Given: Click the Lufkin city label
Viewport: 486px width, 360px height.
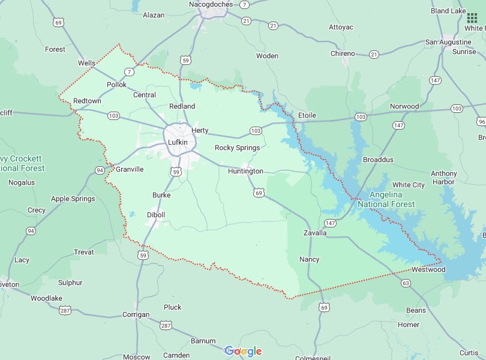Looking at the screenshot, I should (178, 142).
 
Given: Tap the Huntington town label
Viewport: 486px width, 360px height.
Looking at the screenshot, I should (245, 171).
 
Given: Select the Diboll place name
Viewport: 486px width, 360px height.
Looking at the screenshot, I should (155, 215).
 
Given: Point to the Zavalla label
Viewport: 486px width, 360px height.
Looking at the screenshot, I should (315, 233).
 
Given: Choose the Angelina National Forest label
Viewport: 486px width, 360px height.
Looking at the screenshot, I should (386, 199).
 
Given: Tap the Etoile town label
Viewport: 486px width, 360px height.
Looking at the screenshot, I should (307, 115).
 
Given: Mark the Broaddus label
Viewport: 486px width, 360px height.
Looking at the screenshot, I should (378, 160).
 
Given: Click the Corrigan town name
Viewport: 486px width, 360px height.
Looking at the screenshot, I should (136, 314).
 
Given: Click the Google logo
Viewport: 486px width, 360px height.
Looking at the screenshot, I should (243, 351).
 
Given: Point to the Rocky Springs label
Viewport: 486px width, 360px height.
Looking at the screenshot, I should (237, 148).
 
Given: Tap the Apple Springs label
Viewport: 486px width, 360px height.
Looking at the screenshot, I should (73, 199).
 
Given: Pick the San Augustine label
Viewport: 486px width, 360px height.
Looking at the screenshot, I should (448, 42).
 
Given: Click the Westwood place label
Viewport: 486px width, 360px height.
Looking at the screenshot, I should (428, 269).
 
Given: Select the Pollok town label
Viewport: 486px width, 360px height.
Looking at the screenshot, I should (116, 85).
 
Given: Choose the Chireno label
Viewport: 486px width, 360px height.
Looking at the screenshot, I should (343, 53).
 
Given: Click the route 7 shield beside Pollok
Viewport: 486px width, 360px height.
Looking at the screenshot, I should (129, 72).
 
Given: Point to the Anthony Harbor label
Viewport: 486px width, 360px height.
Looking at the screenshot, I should (443, 178).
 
